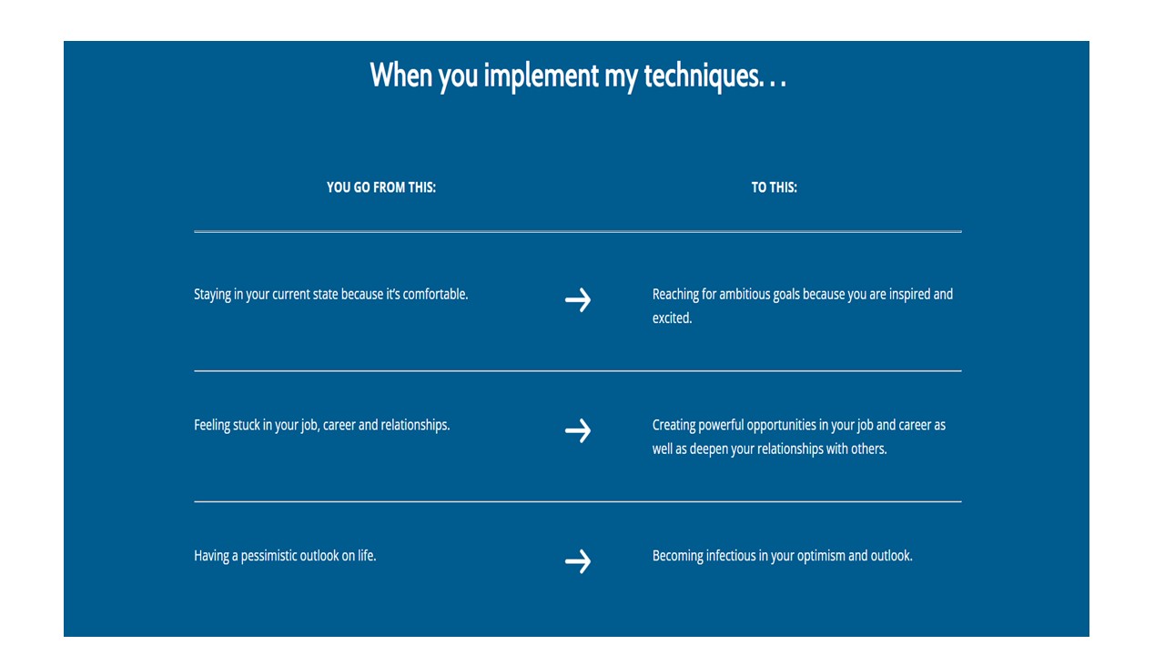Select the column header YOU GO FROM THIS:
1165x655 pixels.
[x=381, y=187]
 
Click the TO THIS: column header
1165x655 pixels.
[x=774, y=187]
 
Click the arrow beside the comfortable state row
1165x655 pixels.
[x=578, y=300]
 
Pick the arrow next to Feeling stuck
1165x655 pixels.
[x=578, y=431]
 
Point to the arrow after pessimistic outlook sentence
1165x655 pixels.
[x=578, y=561]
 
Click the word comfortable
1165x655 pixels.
[x=435, y=294]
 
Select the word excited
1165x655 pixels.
[x=672, y=318]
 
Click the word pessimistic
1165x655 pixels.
[x=268, y=556]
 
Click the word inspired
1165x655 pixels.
[x=909, y=294]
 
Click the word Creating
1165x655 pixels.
[x=674, y=426]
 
